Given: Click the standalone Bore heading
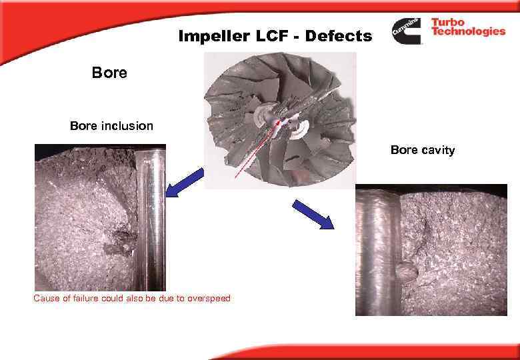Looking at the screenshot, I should pos(109,72).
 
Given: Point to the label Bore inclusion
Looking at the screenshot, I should pos(111,125).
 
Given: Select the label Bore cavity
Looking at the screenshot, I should pos(422,150).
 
